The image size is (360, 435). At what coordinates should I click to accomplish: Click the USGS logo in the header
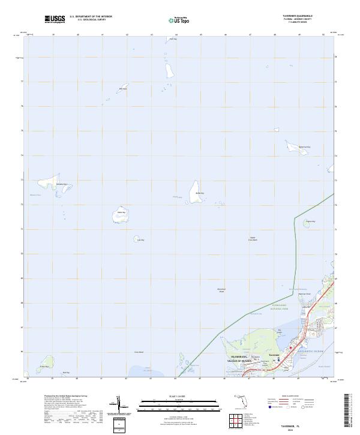(x=55, y=19)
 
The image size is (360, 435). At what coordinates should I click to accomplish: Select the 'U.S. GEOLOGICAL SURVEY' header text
(x=91, y=19)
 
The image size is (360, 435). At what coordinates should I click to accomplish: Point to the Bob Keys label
(x=124, y=88)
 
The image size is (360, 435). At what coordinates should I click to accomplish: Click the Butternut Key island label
(x=305, y=146)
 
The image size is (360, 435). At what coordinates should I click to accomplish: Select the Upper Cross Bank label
(x=253, y=239)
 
